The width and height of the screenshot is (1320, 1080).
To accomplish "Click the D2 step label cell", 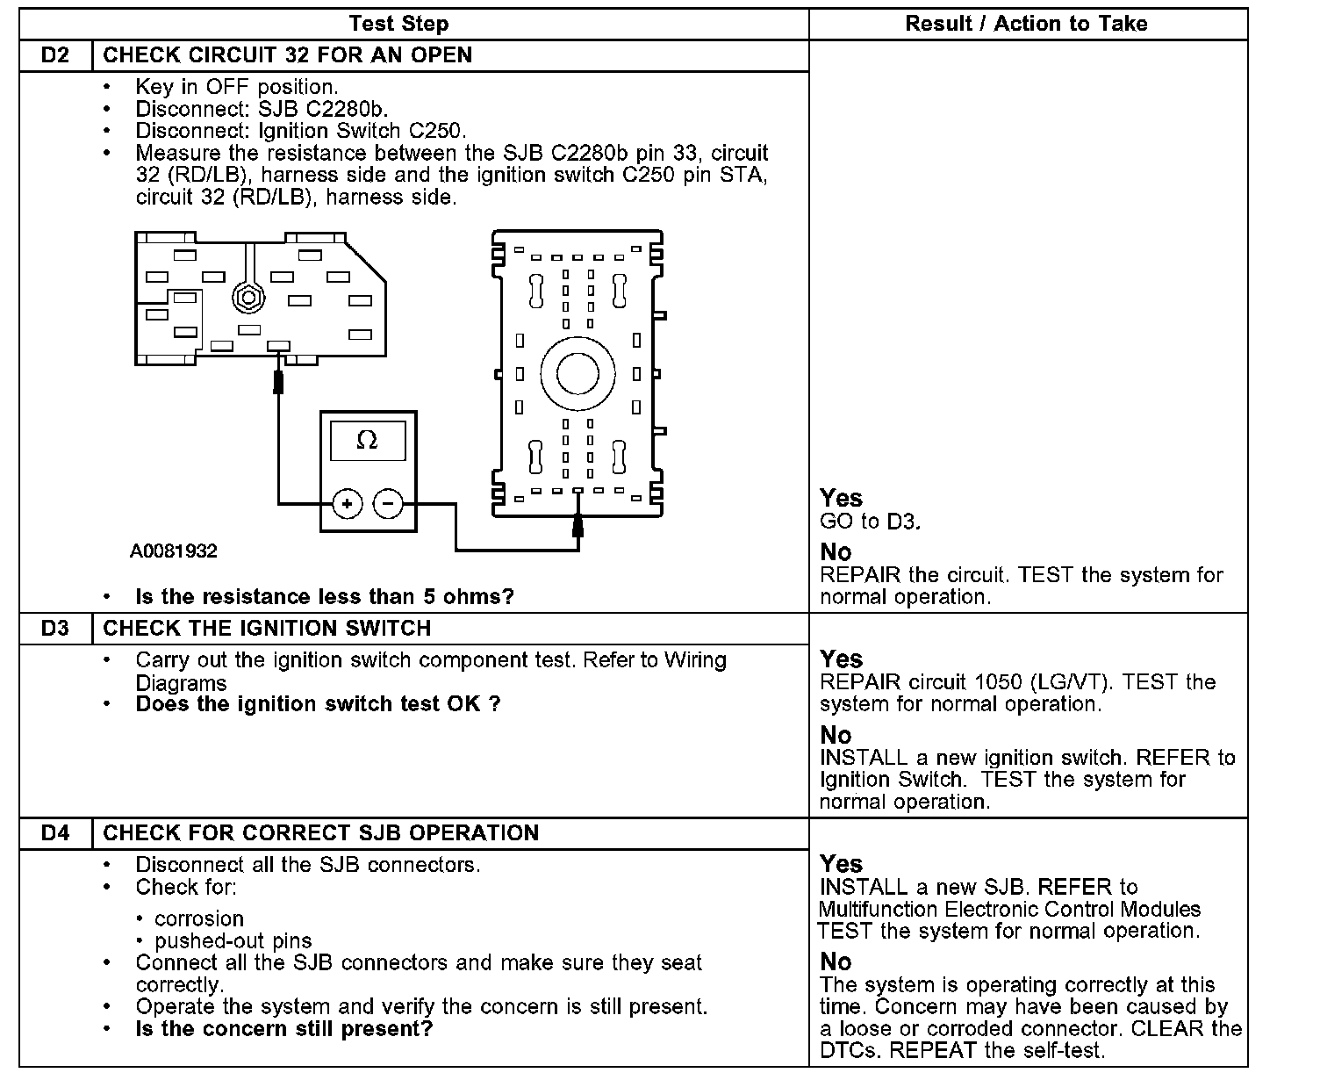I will tap(55, 55).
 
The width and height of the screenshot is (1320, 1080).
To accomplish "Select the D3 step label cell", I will tap(55, 629).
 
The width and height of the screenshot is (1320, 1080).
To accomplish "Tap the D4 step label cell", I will tap(55, 833).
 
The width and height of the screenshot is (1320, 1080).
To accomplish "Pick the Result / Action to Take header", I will tap(1026, 24).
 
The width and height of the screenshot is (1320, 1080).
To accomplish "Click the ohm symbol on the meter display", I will tap(367, 441).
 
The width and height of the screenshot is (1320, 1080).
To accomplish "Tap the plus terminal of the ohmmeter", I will tap(348, 504).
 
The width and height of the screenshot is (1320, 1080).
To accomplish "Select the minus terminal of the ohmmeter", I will tap(388, 504).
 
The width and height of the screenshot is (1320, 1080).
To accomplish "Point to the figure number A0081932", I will tap(174, 551).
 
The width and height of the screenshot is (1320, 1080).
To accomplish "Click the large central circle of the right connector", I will tap(577, 374).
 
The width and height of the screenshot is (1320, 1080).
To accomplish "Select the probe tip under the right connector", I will tap(577, 524).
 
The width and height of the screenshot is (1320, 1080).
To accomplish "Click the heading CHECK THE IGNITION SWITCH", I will tap(267, 629).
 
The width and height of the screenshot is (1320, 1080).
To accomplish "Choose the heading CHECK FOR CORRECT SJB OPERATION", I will tap(320, 833).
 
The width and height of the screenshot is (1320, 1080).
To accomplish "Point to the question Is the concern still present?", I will tap(284, 1029).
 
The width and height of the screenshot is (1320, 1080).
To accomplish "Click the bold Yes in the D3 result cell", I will tap(841, 659).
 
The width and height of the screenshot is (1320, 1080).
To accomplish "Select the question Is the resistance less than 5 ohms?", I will tap(325, 597).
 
